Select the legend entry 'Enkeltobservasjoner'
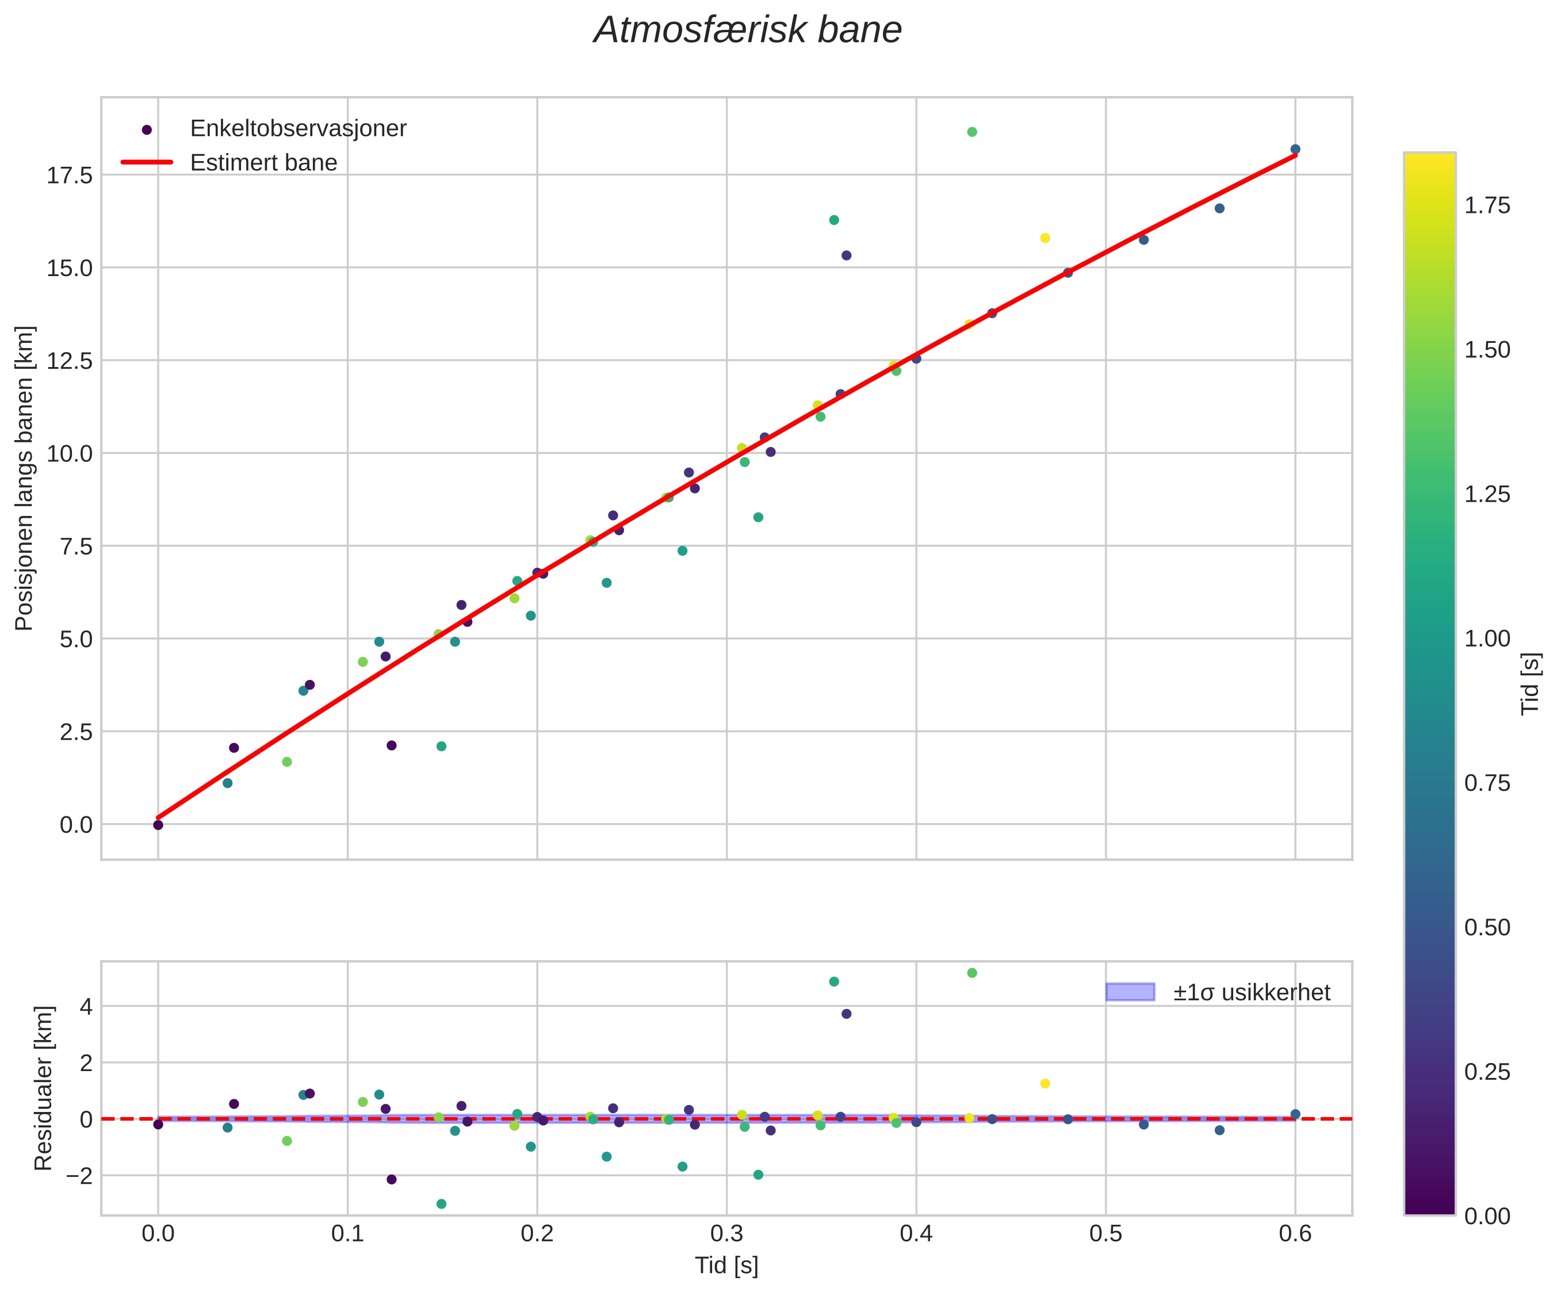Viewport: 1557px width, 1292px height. point(298,128)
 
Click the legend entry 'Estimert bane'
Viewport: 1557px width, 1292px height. point(263,162)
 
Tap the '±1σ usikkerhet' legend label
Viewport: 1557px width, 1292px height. point(1252,992)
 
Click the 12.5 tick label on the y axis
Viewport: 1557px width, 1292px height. point(70,361)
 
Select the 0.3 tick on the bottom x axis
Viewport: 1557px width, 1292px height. point(726,1233)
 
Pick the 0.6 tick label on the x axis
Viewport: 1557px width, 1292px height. point(1295,1233)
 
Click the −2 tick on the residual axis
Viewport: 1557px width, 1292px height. point(79,1176)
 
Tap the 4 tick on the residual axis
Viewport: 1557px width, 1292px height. point(87,1007)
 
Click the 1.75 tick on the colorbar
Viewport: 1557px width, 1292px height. point(1487,205)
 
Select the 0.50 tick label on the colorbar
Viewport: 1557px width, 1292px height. point(1487,927)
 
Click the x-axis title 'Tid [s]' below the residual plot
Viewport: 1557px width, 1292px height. point(726,1266)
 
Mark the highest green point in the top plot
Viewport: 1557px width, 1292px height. point(972,132)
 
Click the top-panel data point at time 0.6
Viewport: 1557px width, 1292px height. point(1295,149)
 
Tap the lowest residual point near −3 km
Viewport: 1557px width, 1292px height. point(442,1204)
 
